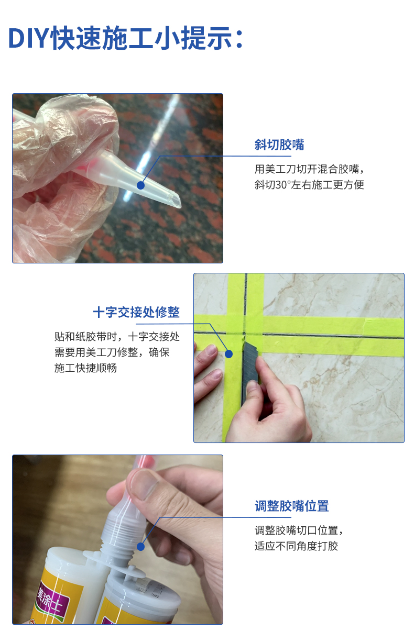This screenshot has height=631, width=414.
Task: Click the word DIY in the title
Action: tap(29, 38)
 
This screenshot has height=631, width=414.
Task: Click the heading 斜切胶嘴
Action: tap(279, 145)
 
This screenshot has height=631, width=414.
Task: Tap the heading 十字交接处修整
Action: tap(136, 313)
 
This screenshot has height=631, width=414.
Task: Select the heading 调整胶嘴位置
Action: tap(291, 506)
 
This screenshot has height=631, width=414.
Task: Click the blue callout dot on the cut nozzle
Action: tap(140, 185)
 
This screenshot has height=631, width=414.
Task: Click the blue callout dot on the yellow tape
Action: tap(228, 354)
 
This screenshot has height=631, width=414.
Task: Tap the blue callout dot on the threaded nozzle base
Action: tap(140, 547)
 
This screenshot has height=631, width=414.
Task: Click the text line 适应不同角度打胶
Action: tap(296, 546)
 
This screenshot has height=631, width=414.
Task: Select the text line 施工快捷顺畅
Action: tap(85, 368)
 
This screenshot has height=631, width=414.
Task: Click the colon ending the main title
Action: tap(239, 40)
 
